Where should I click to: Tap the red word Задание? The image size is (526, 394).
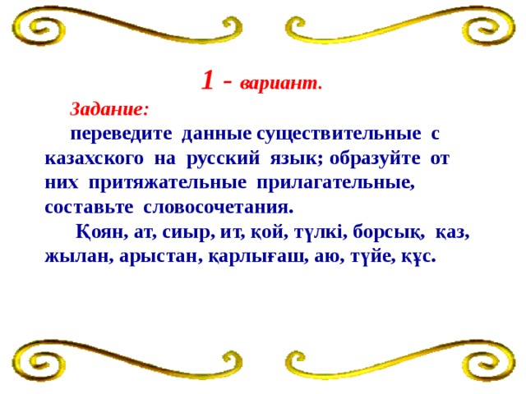[109, 108]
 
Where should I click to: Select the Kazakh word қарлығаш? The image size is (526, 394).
[257, 255]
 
